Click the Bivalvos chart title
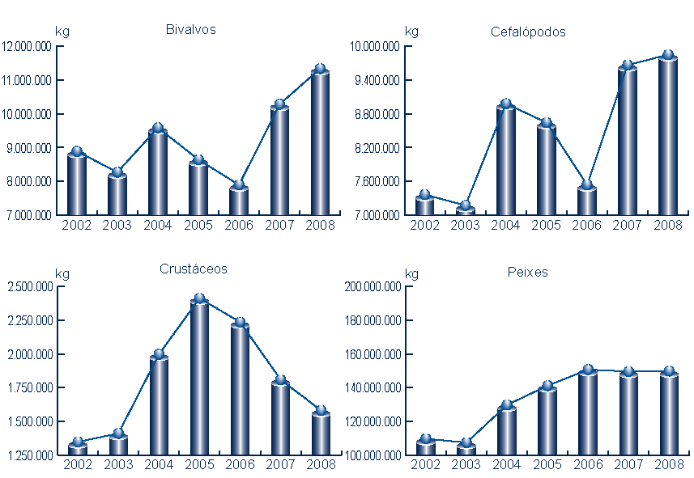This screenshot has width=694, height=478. [190, 30]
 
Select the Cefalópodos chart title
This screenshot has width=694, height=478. [528, 32]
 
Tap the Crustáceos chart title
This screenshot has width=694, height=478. [194, 269]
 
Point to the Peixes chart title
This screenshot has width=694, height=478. [528, 272]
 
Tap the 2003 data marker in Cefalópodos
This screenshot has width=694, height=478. [466, 206]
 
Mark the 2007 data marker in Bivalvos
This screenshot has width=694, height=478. [279, 104]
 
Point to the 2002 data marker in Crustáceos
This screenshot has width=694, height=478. [78, 442]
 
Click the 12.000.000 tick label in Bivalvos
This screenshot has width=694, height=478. [27, 46]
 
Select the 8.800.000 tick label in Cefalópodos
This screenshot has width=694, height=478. [375, 114]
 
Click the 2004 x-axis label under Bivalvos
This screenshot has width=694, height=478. [158, 225]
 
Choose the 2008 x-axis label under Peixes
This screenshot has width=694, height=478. [668, 464]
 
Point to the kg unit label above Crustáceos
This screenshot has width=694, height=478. [62, 273]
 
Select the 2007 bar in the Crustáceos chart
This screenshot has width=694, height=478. [280, 419]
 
